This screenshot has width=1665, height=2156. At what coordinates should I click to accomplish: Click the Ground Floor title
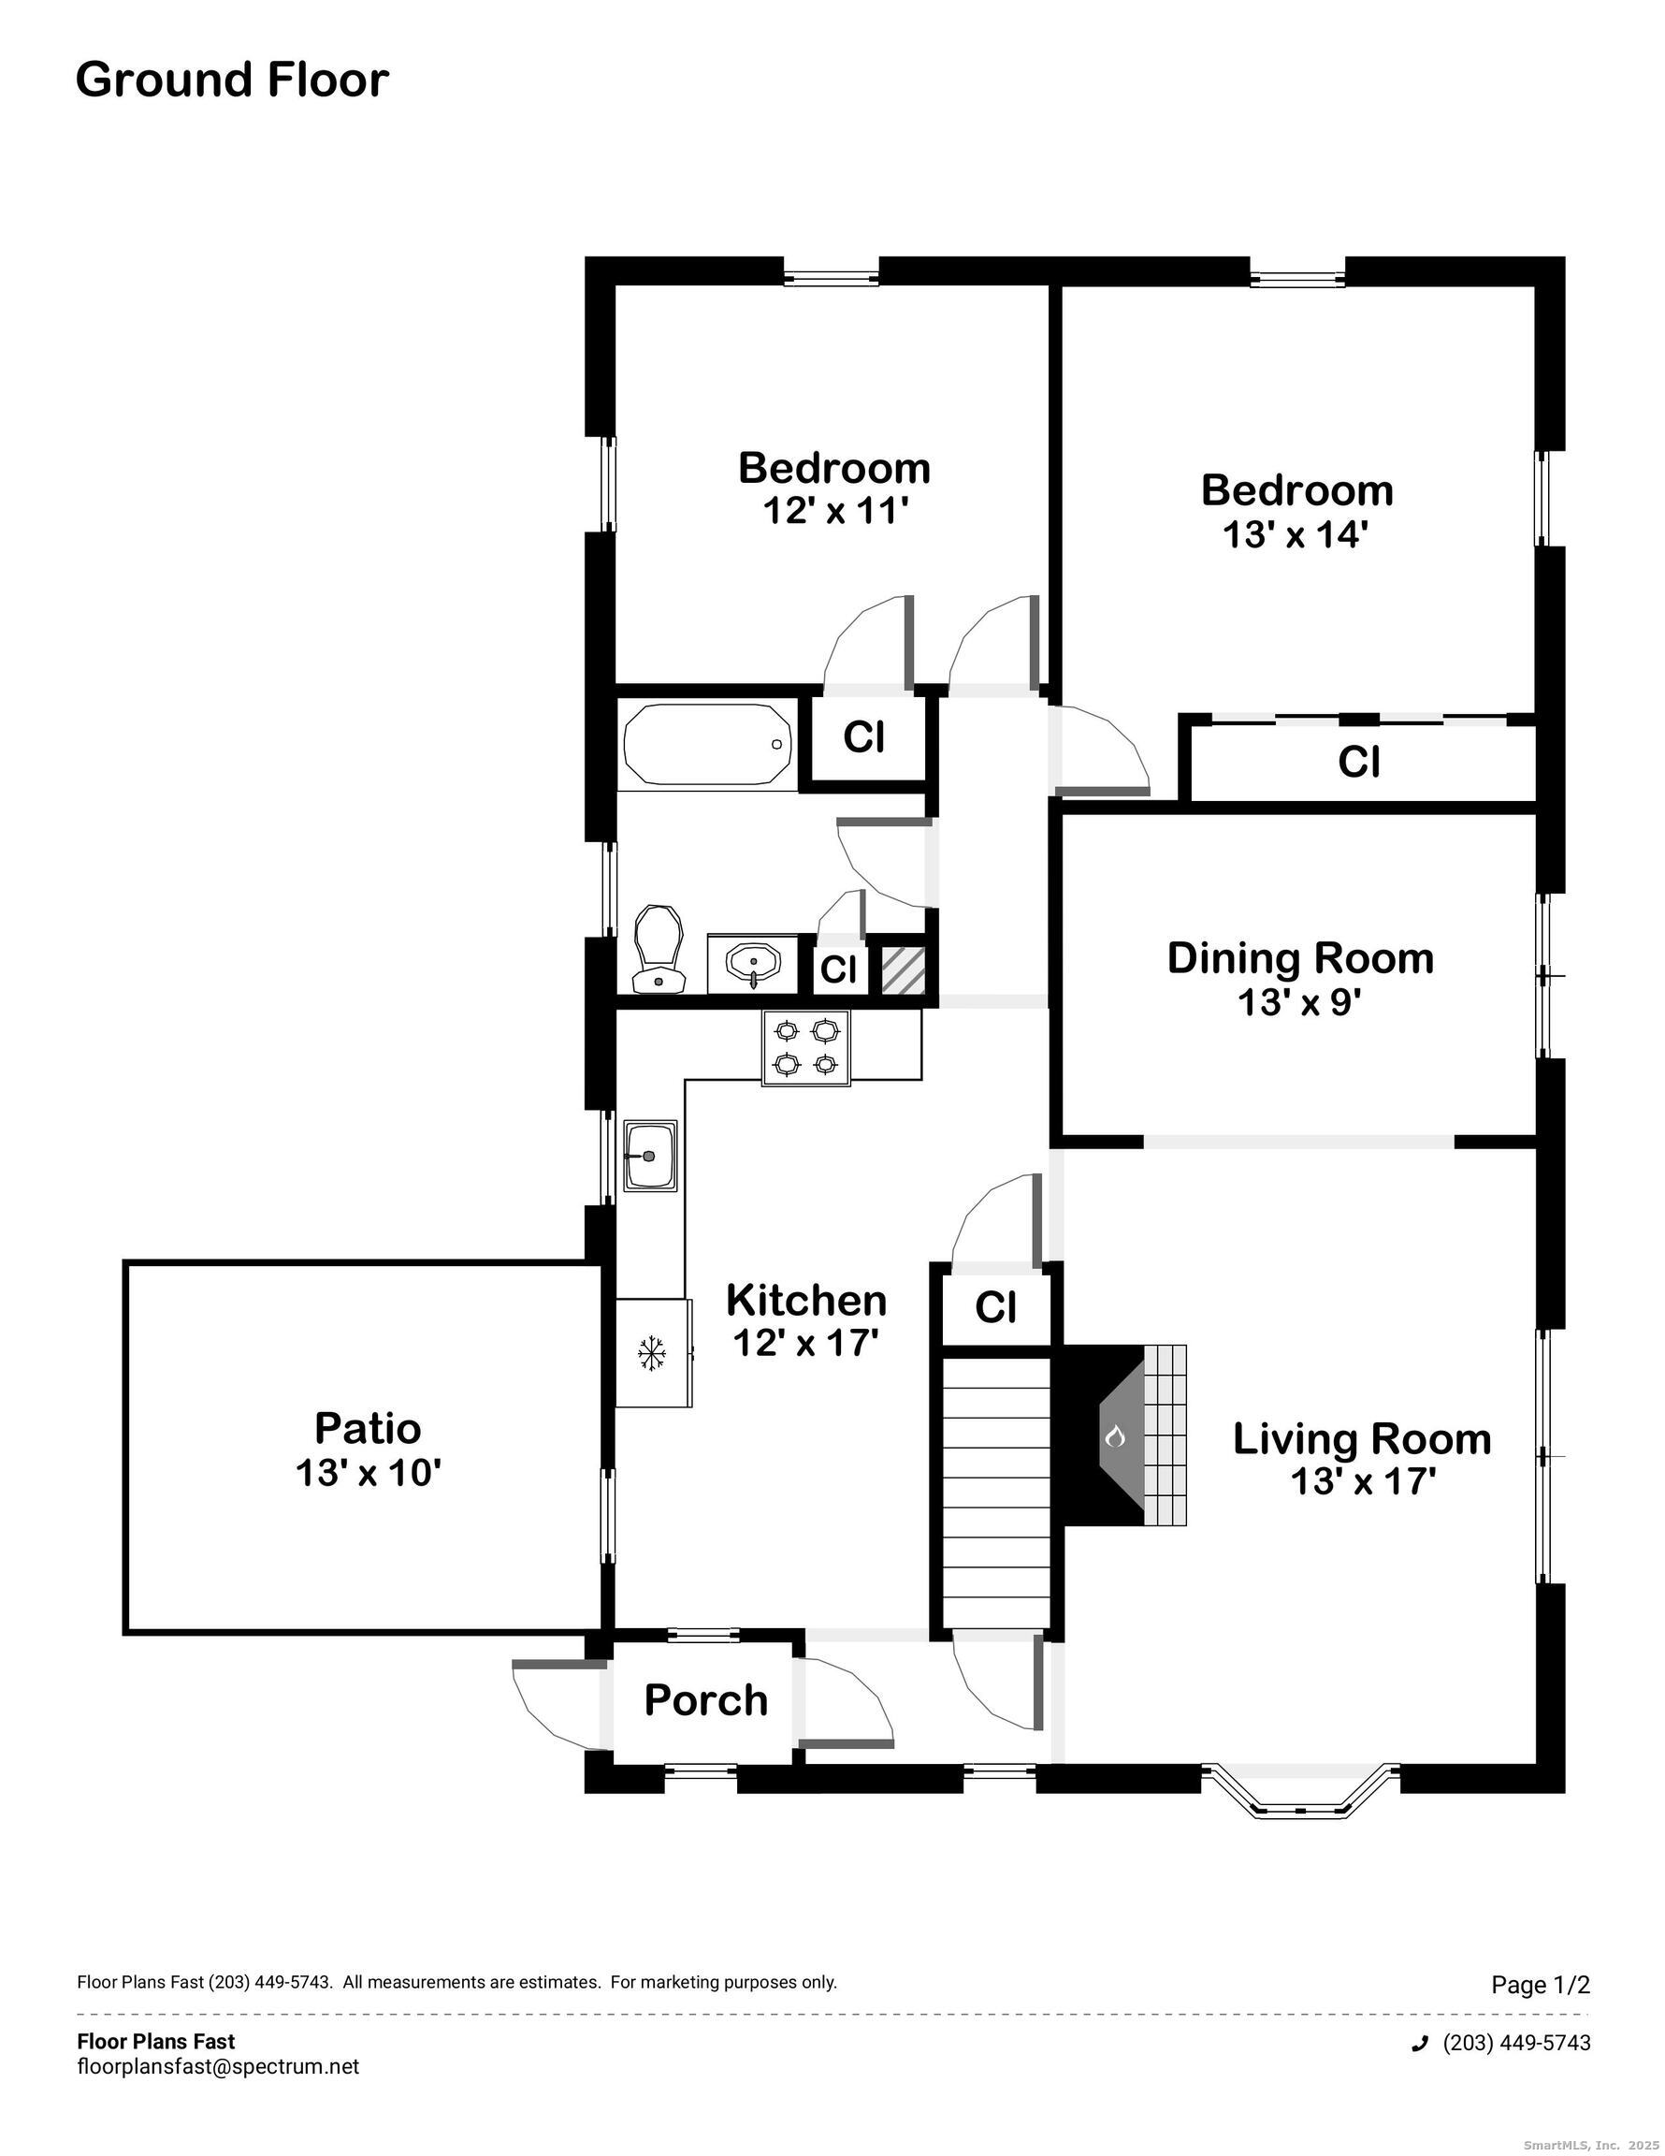point(232,80)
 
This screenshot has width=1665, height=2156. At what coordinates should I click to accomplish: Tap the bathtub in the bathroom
point(708,744)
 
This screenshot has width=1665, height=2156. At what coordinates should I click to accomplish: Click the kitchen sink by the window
point(650,1155)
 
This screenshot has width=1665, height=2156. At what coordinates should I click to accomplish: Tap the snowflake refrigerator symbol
point(650,1352)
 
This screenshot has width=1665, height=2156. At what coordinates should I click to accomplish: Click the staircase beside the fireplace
point(996,1492)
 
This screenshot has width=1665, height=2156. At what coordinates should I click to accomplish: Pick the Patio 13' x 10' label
point(368,1449)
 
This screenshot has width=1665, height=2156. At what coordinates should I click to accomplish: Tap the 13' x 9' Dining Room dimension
point(1299,1003)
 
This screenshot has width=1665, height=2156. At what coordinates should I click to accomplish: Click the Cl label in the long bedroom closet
point(1358,762)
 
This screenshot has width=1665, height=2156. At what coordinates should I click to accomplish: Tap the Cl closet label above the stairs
point(995,1307)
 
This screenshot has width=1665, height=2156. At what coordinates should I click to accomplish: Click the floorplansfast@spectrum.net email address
point(218,2066)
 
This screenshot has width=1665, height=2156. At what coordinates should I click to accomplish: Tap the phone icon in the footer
point(1420,2044)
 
